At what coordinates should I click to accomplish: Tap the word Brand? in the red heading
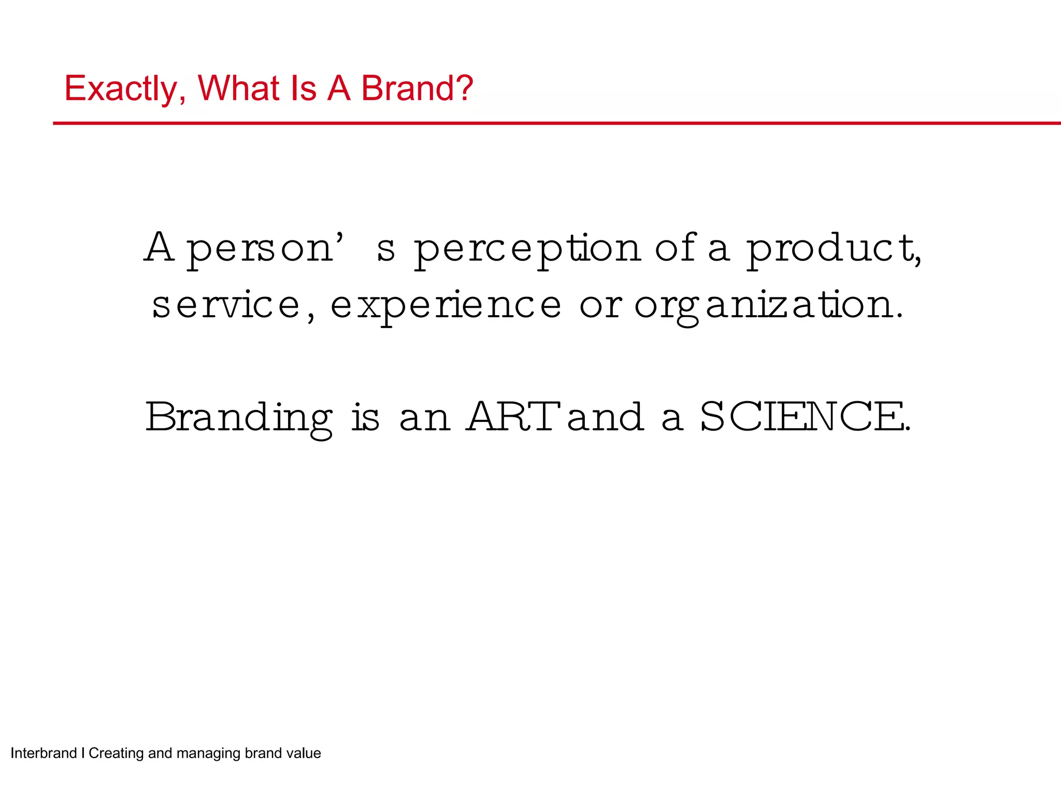[x=417, y=89]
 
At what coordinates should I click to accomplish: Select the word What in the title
[x=238, y=89]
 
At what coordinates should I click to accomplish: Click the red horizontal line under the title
[x=556, y=123]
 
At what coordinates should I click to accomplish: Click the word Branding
[x=239, y=418]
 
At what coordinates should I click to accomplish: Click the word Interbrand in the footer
[x=44, y=753]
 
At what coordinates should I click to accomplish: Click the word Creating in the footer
[x=116, y=753]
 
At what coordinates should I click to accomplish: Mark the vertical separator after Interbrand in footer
[x=83, y=753]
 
